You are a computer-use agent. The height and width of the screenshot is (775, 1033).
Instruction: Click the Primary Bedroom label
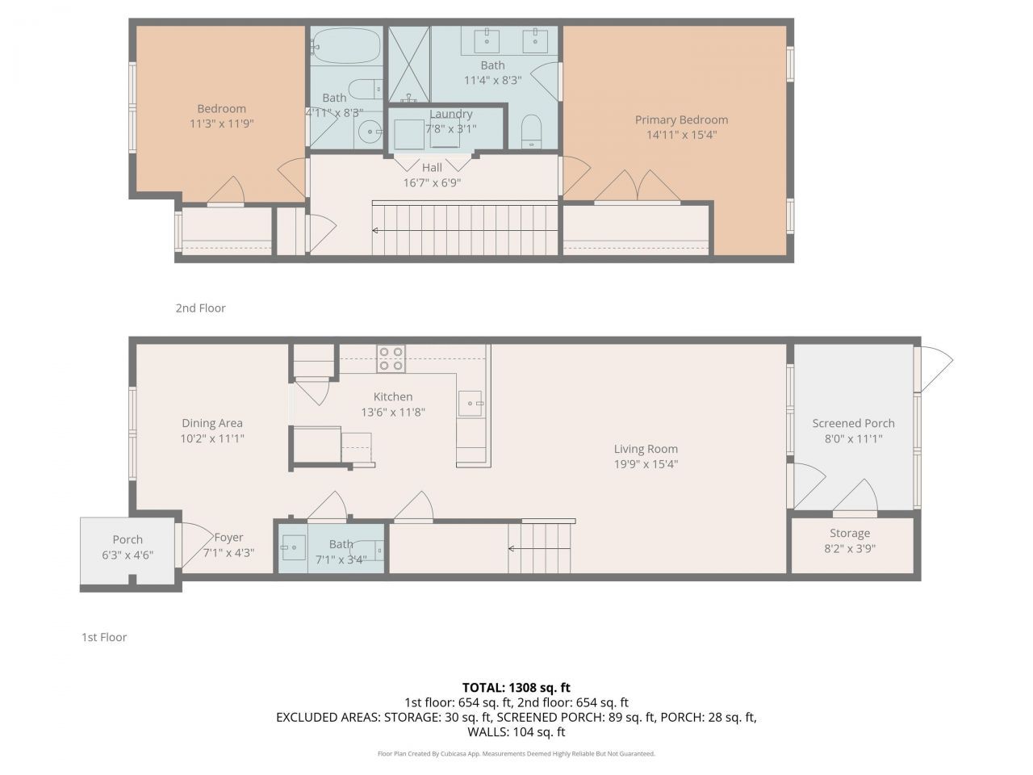click(x=681, y=120)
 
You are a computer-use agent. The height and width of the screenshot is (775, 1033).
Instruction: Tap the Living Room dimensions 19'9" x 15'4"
click(x=646, y=464)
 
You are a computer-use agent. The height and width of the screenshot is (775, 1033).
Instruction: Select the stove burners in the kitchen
click(x=391, y=358)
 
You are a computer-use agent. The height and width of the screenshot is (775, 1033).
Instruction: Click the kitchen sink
click(x=470, y=403)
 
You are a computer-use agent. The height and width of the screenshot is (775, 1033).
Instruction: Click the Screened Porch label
click(x=853, y=423)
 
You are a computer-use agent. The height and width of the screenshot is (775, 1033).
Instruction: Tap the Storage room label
click(x=850, y=533)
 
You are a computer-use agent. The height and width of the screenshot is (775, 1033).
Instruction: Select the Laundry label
click(x=450, y=114)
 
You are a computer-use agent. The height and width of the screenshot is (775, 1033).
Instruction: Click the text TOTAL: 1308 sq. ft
click(x=516, y=687)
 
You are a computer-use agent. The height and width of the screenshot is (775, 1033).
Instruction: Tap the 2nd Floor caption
click(x=200, y=308)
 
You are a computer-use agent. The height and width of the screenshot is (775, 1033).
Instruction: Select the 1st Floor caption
click(x=104, y=637)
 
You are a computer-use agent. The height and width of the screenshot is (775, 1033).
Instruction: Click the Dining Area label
click(x=211, y=423)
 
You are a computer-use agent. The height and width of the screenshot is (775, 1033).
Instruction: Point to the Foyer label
click(x=228, y=538)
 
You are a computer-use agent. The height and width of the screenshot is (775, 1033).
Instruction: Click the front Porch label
click(x=128, y=539)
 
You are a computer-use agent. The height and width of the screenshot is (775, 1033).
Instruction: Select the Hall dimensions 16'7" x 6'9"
click(x=432, y=182)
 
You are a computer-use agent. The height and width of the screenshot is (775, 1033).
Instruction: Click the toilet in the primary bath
click(x=531, y=132)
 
